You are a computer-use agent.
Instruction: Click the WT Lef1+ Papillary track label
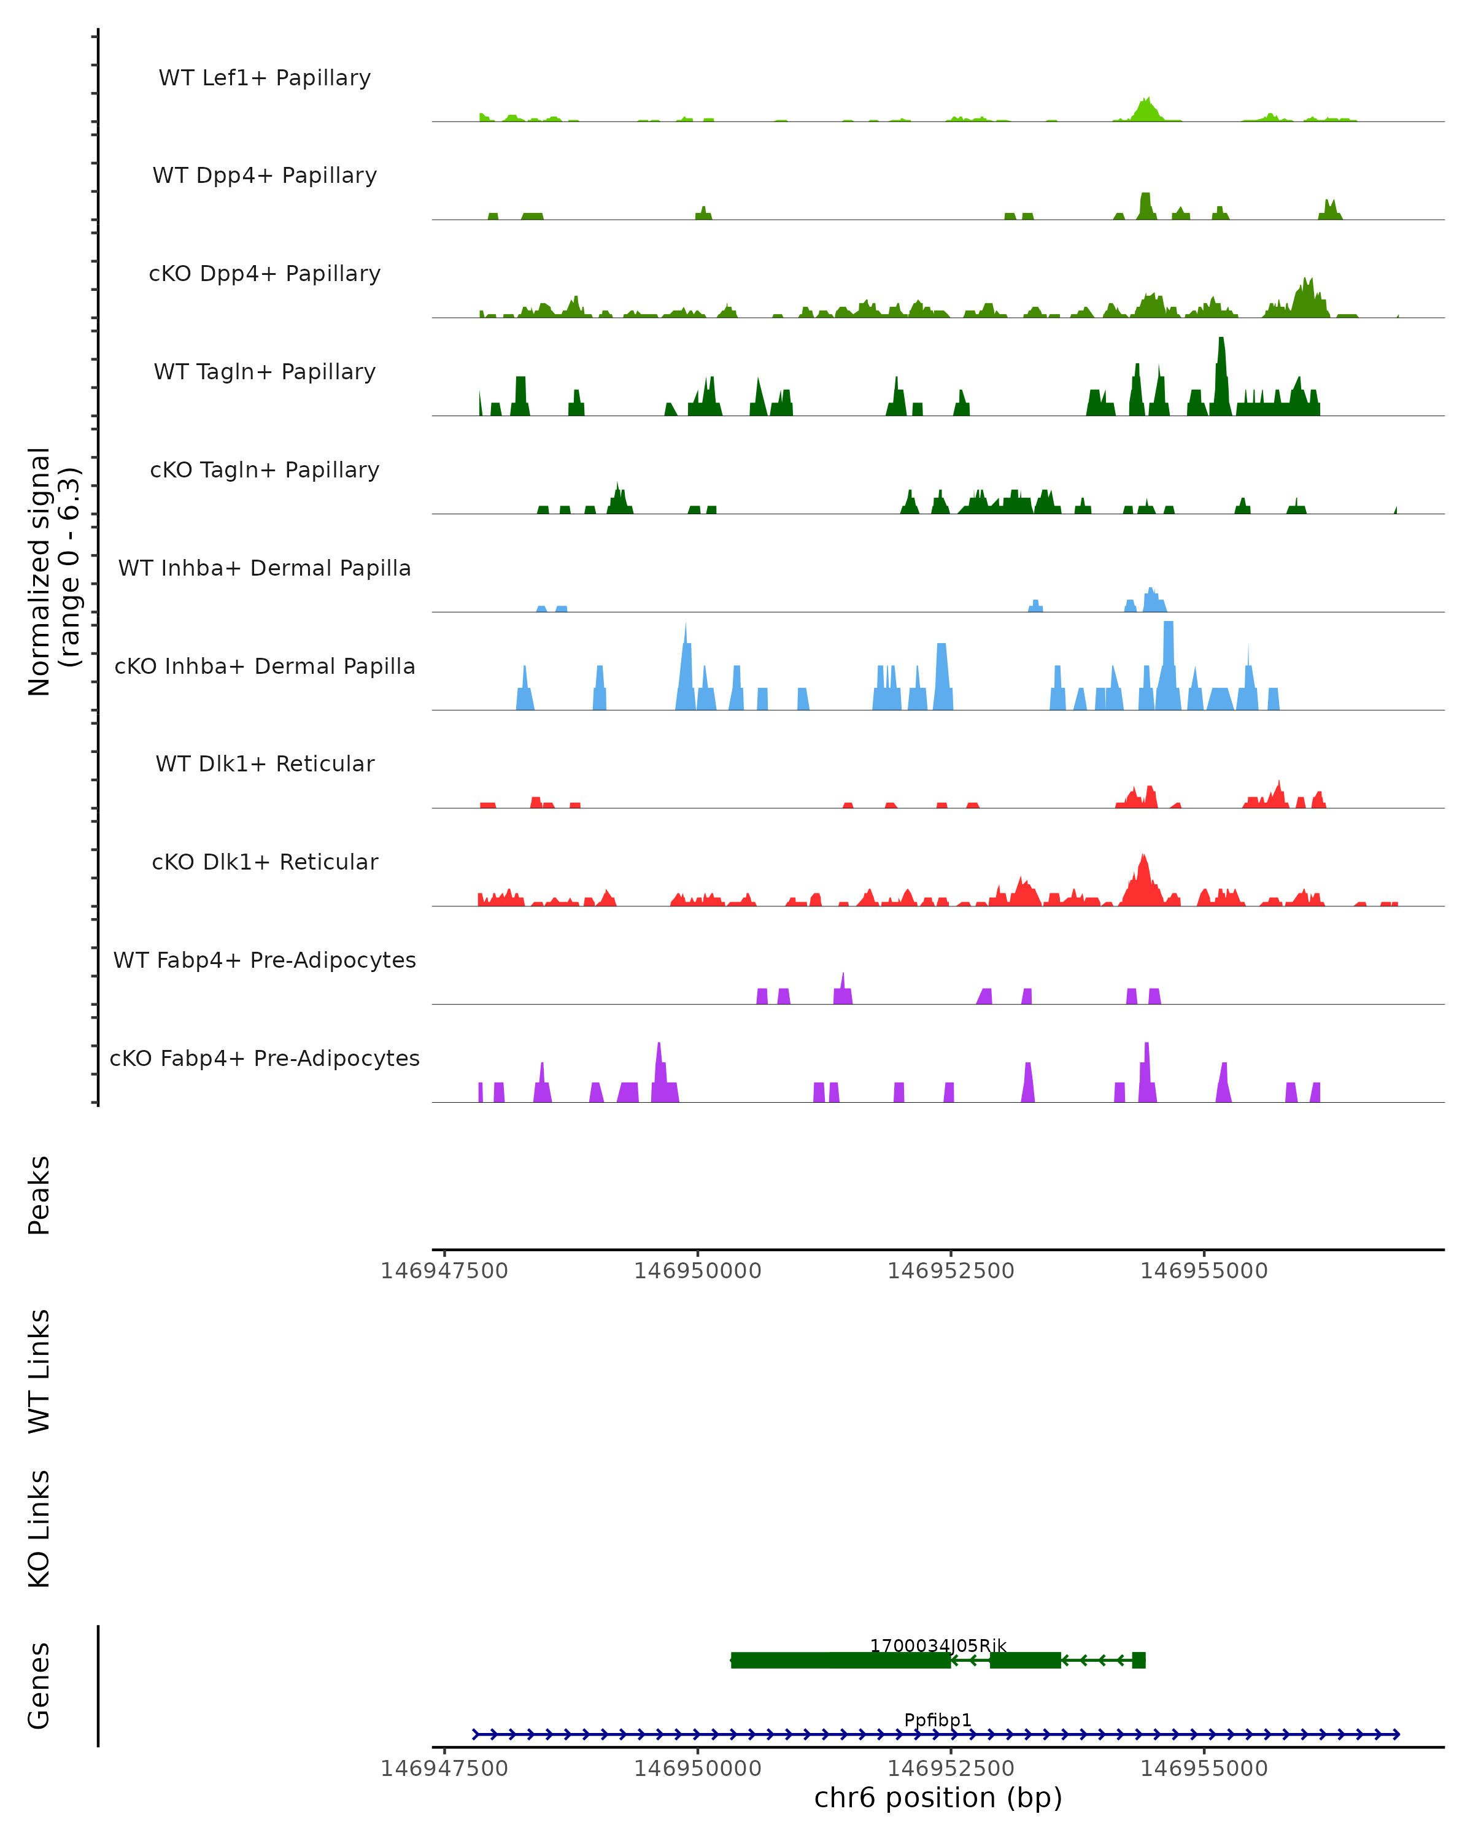coord(265,78)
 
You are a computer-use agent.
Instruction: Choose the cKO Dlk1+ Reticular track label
coord(265,862)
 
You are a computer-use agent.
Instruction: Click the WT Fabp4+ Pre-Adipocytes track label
coord(265,960)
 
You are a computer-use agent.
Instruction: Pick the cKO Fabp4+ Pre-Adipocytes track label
coord(265,1058)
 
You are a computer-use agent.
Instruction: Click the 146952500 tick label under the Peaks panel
coord(951,1271)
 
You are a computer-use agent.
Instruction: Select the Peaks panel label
coord(39,1195)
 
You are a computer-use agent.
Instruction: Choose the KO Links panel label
coord(39,1529)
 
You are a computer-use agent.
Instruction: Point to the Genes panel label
coord(39,1686)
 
